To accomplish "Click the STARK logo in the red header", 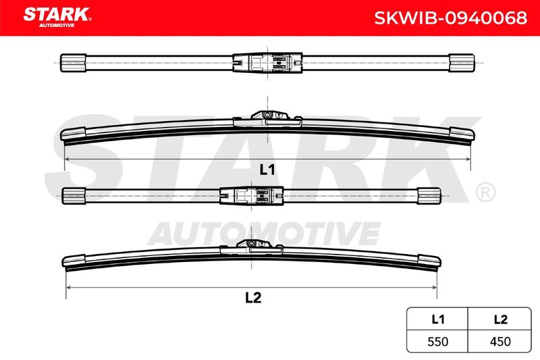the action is [x=57, y=17].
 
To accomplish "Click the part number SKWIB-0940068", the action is [x=450, y=18].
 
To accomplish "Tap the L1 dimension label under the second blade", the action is [x=267, y=170].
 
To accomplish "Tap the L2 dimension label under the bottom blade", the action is [x=253, y=297].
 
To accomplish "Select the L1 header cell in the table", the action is [x=437, y=319].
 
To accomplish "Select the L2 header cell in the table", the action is [x=500, y=319].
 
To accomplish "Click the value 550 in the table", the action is [x=437, y=341].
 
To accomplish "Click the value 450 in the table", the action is [x=500, y=341].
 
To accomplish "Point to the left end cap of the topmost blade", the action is [x=73, y=63].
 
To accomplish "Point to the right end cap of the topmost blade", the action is [x=462, y=63].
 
